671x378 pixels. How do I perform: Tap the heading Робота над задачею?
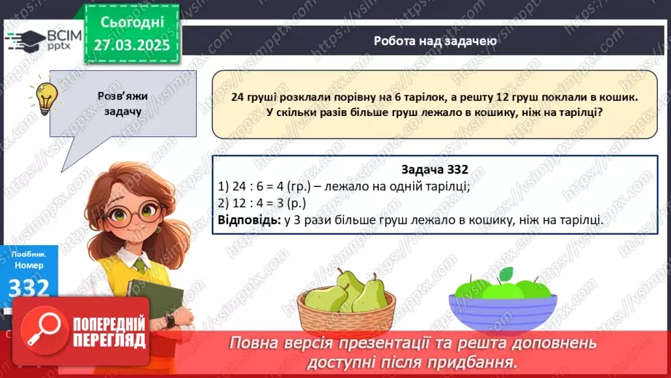[x=436, y=41]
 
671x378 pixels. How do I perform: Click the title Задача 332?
[x=434, y=169]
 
